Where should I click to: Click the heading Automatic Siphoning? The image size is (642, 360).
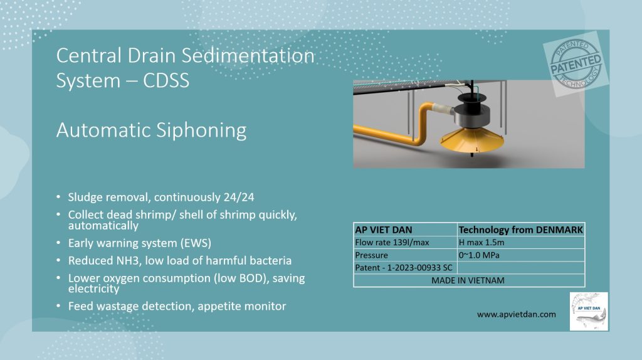click(151, 130)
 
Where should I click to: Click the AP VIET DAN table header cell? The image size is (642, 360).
click(383, 230)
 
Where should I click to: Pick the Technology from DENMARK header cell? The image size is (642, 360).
click(521, 230)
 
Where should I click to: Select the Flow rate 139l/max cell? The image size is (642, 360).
click(391, 242)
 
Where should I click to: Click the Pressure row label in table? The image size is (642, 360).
click(372, 255)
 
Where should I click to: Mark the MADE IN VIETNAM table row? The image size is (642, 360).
click(468, 280)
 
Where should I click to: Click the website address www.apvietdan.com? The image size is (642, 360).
click(516, 314)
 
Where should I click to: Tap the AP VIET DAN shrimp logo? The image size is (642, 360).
click(588, 311)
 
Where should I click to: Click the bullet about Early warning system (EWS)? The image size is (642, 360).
click(140, 243)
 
